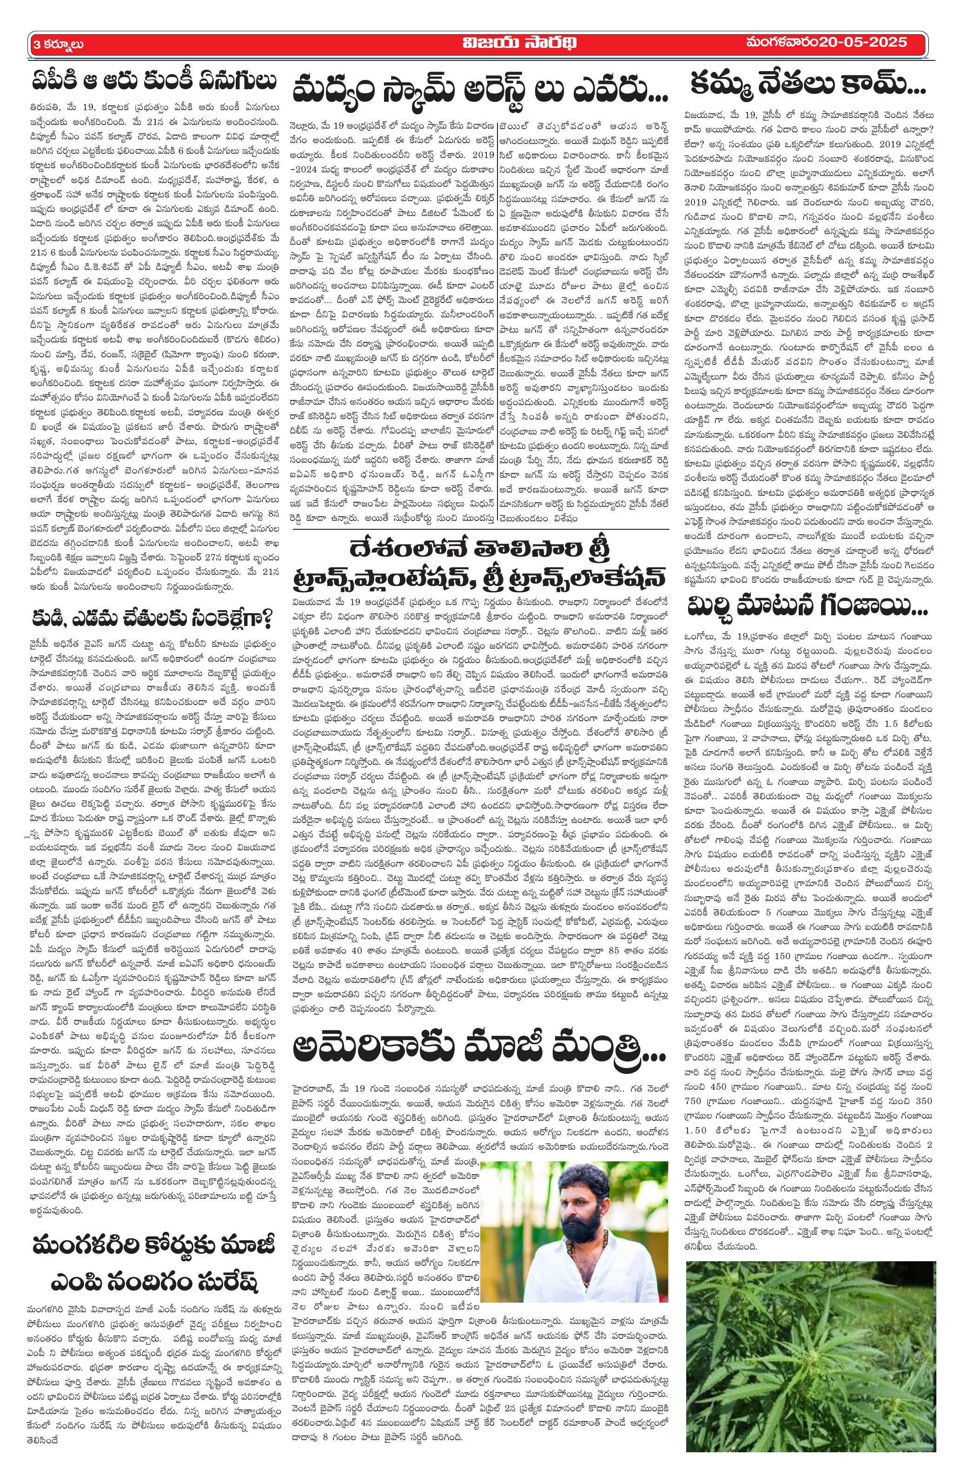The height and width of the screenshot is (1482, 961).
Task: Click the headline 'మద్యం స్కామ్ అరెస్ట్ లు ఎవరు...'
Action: pos(480,88)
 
